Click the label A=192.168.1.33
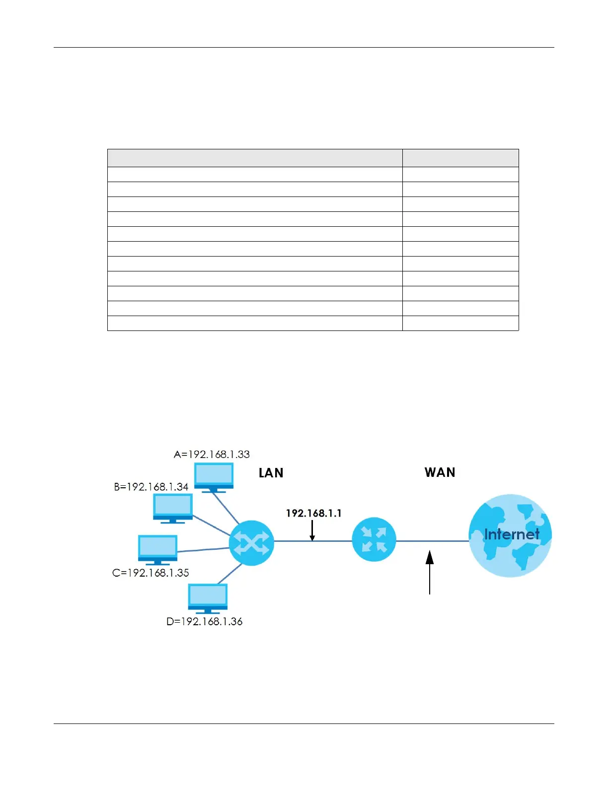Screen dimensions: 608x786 212,455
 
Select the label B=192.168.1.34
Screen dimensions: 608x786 151,487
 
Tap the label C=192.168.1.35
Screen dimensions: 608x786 151,573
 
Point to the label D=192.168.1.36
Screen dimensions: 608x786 204,622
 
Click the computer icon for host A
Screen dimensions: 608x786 214,477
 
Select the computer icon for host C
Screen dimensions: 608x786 157,549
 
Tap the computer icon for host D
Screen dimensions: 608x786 208,598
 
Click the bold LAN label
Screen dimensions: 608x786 271,473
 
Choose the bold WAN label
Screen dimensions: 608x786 440,472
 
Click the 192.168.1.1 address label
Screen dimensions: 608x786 313,513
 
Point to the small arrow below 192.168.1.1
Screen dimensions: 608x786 312,530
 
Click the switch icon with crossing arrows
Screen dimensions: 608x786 251,543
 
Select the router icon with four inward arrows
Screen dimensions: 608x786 374,540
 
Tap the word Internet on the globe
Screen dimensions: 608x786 512,534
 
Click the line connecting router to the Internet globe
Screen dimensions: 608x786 432,541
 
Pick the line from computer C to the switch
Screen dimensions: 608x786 204,549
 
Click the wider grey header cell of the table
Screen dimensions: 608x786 255,158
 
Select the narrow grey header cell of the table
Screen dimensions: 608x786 460,158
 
